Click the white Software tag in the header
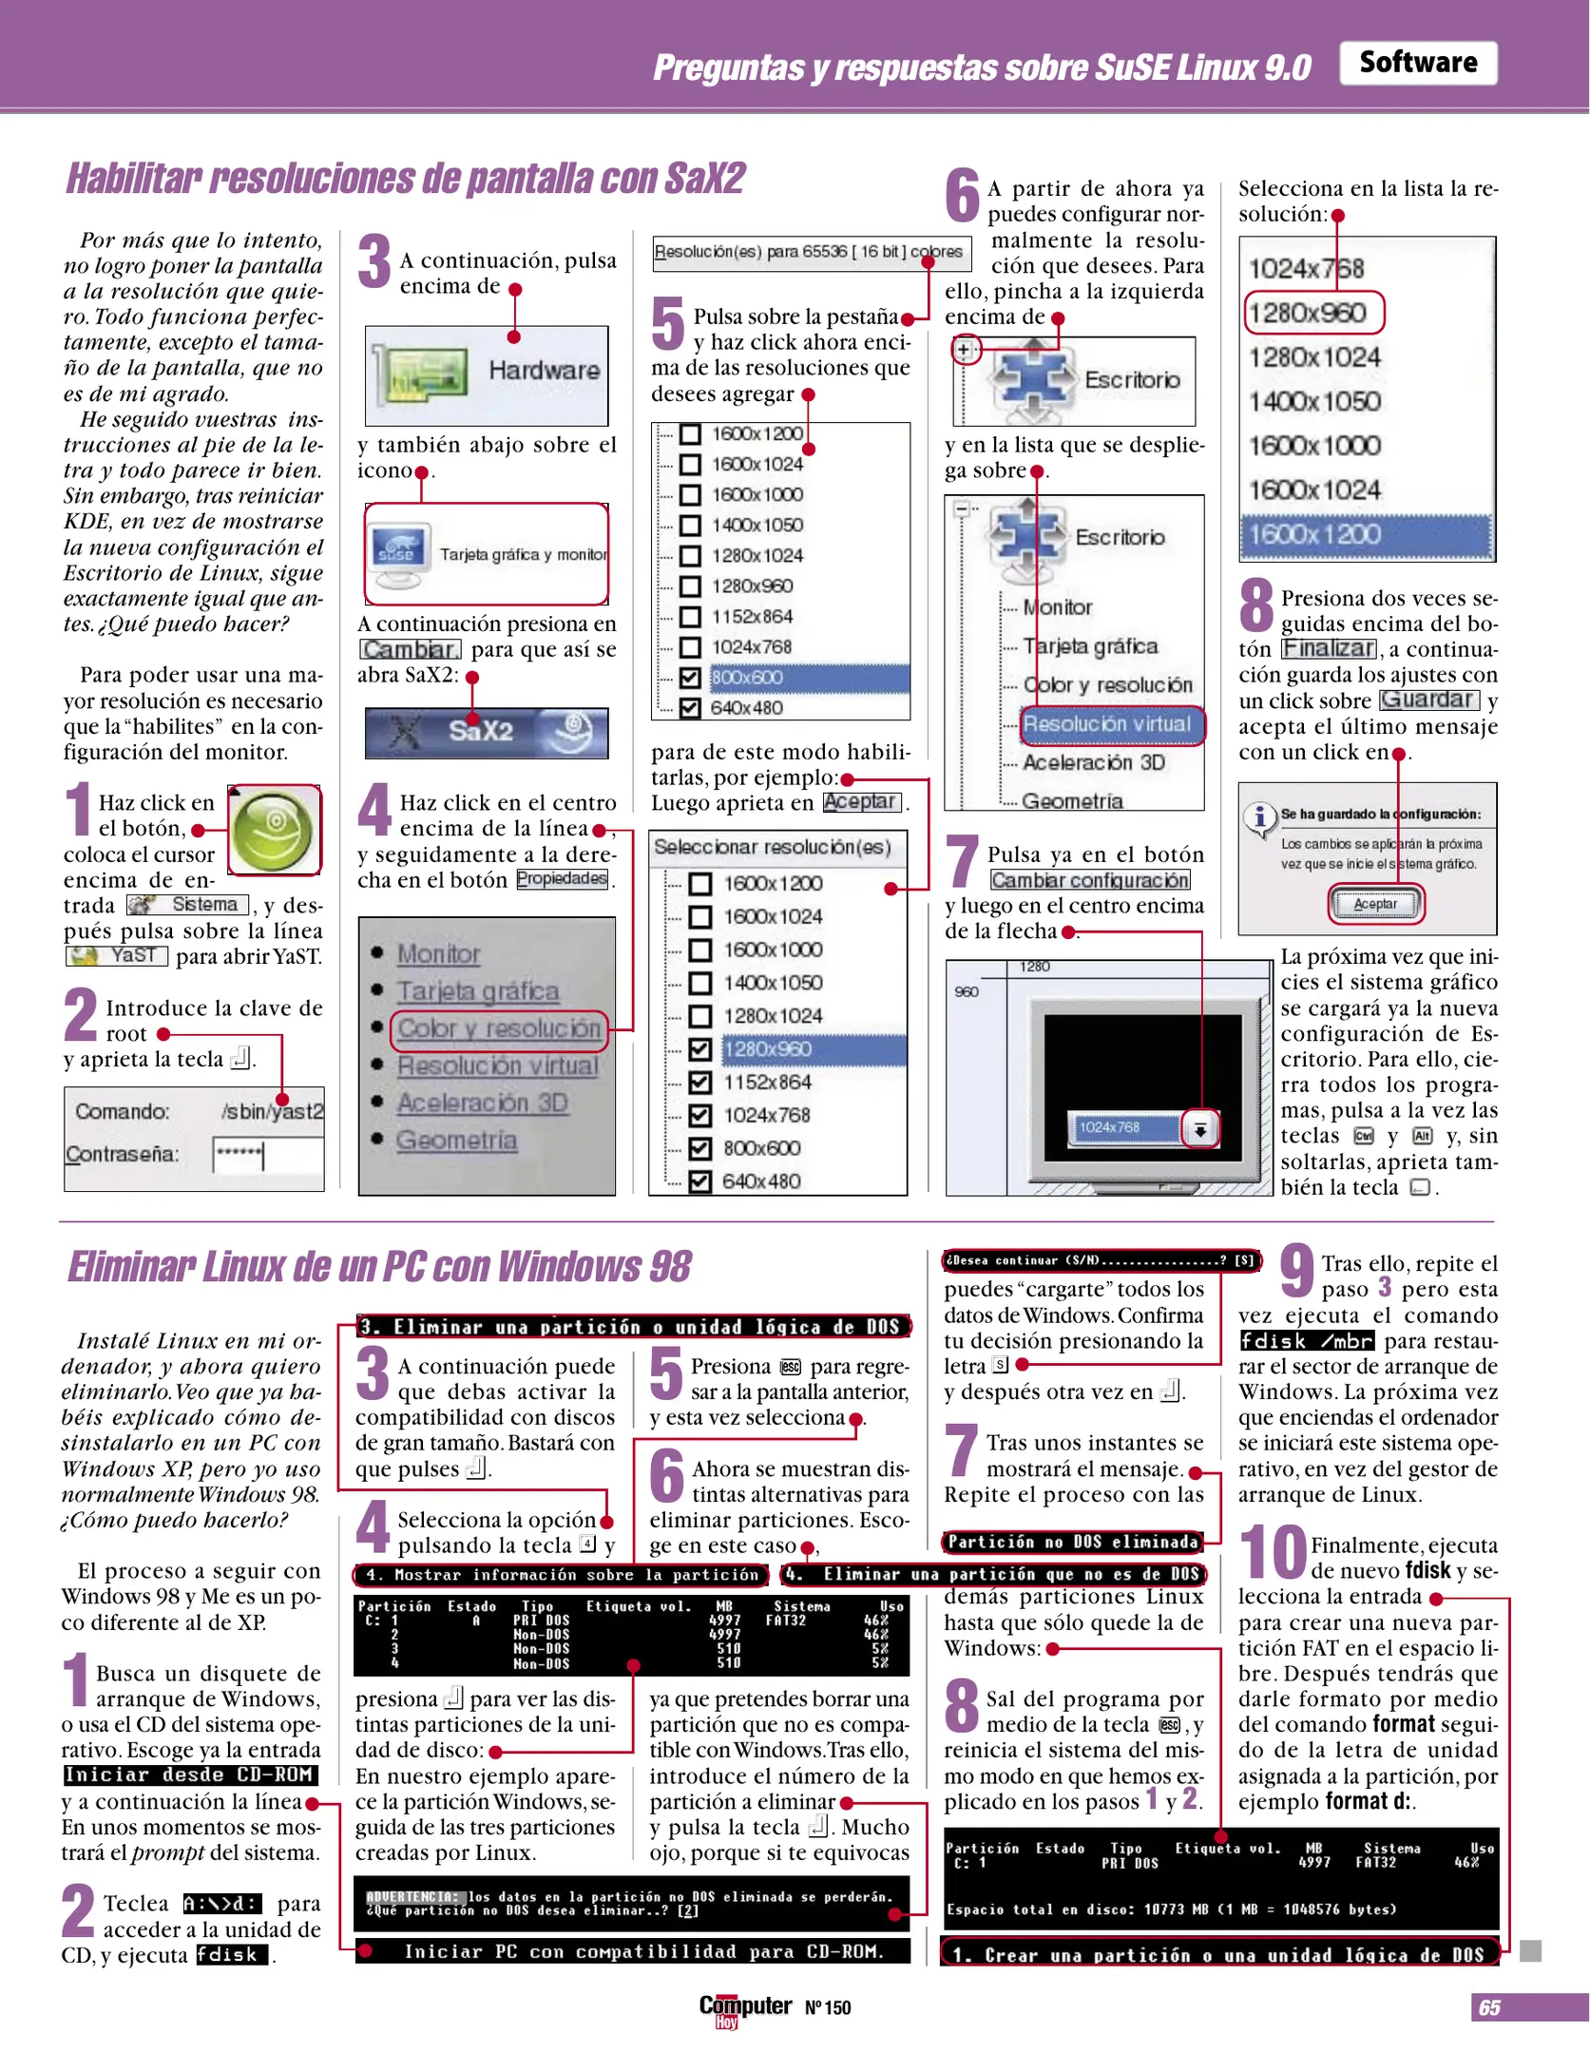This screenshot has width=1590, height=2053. point(1417,63)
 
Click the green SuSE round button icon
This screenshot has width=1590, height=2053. point(275,830)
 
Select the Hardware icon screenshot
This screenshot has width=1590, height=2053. point(487,375)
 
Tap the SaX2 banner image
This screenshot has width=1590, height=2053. point(487,732)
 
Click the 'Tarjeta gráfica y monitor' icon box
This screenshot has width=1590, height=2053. point(487,554)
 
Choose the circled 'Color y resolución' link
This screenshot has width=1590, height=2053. point(499,1028)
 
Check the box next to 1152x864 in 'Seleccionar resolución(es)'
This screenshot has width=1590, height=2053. point(700,1083)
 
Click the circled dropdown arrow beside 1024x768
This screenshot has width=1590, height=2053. point(1201,1129)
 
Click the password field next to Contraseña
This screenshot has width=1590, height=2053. point(266,1156)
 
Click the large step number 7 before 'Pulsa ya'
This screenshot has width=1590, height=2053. point(962,860)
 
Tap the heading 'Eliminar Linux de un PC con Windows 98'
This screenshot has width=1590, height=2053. point(379,1267)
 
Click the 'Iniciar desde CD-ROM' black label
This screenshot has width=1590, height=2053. point(190,1775)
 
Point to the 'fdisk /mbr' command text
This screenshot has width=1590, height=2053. point(1307,1341)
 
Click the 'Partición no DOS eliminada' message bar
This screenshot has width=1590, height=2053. point(1073,1542)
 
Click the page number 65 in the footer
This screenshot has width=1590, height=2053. point(1489,2007)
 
